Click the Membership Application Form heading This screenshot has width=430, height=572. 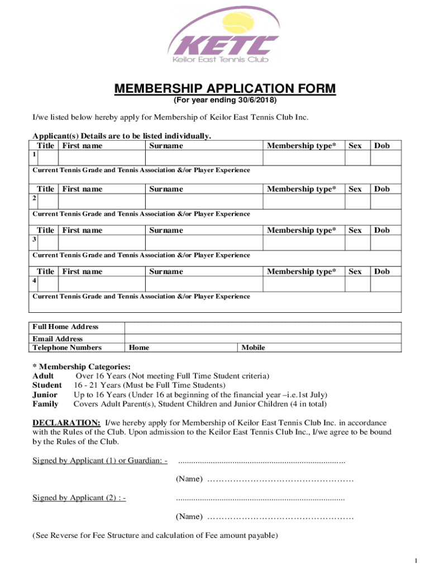pyautogui.click(x=225, y=89)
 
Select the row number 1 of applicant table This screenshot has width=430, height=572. pyautogui.click(x=35, y=154)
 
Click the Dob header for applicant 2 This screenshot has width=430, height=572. pyautogui.click(x=382, y=189)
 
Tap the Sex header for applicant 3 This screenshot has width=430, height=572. pyautogui.click(x=355, y=230)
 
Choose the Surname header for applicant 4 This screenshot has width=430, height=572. pyautogui.click(x=166, y=271)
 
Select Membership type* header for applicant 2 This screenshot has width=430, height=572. pyautogui.click(x=302, y=189)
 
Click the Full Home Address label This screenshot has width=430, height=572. pyautogui.click(x=65, y=327)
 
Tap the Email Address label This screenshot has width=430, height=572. pyautogui.click(x=58, y=339)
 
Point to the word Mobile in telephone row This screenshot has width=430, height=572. pyautogui.click(x=253, y=347)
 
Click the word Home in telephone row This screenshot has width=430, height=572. pyautogui.click(x=138, y=347)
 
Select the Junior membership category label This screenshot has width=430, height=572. pyautogui.click(x=45, y=394)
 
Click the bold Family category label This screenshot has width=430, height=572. pyautogui.click(x=45, y=404)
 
